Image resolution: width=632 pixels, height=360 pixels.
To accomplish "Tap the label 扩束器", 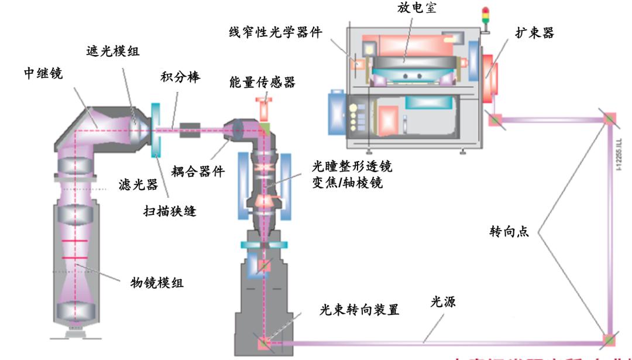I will pyautogui.click(x=535, y=33).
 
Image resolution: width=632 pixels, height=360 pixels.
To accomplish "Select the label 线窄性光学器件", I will pyautogui.click(x=276, y=33).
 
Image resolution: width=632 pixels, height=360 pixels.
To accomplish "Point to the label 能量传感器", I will pyautogui.click(x=262, y=83).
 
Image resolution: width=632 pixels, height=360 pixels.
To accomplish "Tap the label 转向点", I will pyautogui.click(x=509, y=231).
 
